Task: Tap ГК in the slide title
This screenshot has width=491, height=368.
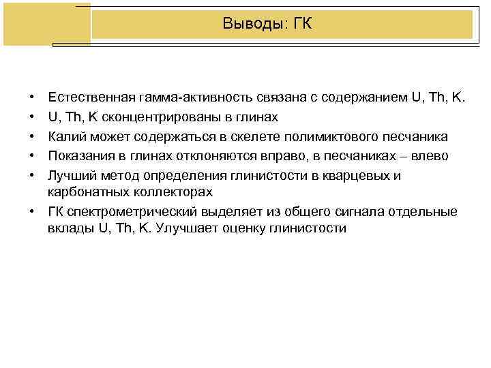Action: tap(303, 25)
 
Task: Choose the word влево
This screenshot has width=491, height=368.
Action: tap(429, 156)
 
